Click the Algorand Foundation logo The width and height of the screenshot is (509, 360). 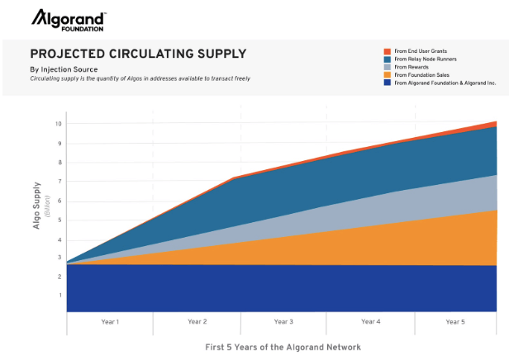69,20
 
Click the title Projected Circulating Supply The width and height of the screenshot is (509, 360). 138,54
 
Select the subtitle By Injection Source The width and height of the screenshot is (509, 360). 64,69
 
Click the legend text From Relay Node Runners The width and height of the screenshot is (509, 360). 426,59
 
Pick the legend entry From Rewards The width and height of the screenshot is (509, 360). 412,67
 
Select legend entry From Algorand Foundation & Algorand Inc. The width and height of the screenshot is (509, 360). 444,83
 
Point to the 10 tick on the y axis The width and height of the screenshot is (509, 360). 59,124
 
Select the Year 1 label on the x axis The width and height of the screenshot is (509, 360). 110,321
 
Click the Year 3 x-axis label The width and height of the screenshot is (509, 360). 283,321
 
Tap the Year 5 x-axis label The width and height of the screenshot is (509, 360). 457,321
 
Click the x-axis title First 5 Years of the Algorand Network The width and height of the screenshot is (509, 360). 283,347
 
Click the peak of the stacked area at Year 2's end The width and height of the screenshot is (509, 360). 237,177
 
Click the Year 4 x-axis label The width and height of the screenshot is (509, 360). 370,321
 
